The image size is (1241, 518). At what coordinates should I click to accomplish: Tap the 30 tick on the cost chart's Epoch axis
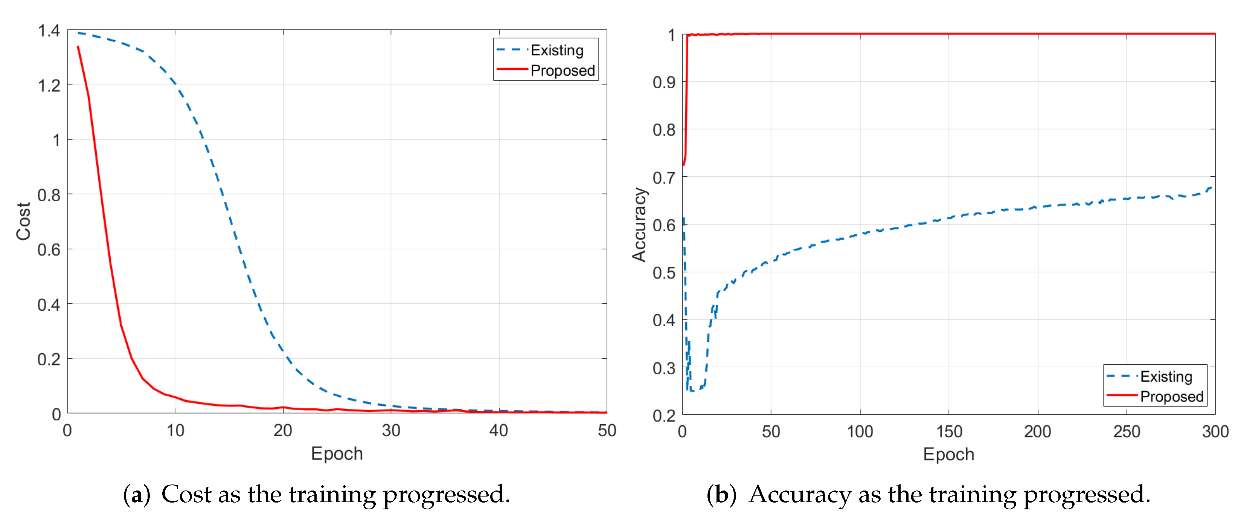click(x=391, y=430)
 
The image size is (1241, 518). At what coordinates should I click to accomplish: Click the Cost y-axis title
click(x=23, y=221)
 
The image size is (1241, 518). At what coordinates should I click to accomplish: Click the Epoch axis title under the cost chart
click(x=337, y=454)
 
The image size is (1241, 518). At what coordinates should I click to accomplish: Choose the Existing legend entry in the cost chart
click(x=557, y=50)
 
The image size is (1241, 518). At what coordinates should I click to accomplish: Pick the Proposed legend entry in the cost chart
click(x=562, y=70)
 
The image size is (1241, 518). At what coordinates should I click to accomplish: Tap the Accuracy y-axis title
click(x=639, y=225)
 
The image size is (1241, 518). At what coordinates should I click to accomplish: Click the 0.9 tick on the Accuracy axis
click(x=664, y=83)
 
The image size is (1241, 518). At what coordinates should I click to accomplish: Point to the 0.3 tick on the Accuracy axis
click(x=664, y=368)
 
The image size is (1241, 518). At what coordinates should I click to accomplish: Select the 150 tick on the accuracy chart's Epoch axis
click(x=948, y=431)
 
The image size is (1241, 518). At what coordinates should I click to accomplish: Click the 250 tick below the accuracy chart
click(x=1126, y=431)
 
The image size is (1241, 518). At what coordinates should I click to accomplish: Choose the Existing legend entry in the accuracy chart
click(x=1166, y=376)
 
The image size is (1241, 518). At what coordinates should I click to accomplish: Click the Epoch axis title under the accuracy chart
click(x=948, y=454)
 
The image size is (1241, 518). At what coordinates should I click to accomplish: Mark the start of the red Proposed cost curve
click(x=78, y=47)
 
